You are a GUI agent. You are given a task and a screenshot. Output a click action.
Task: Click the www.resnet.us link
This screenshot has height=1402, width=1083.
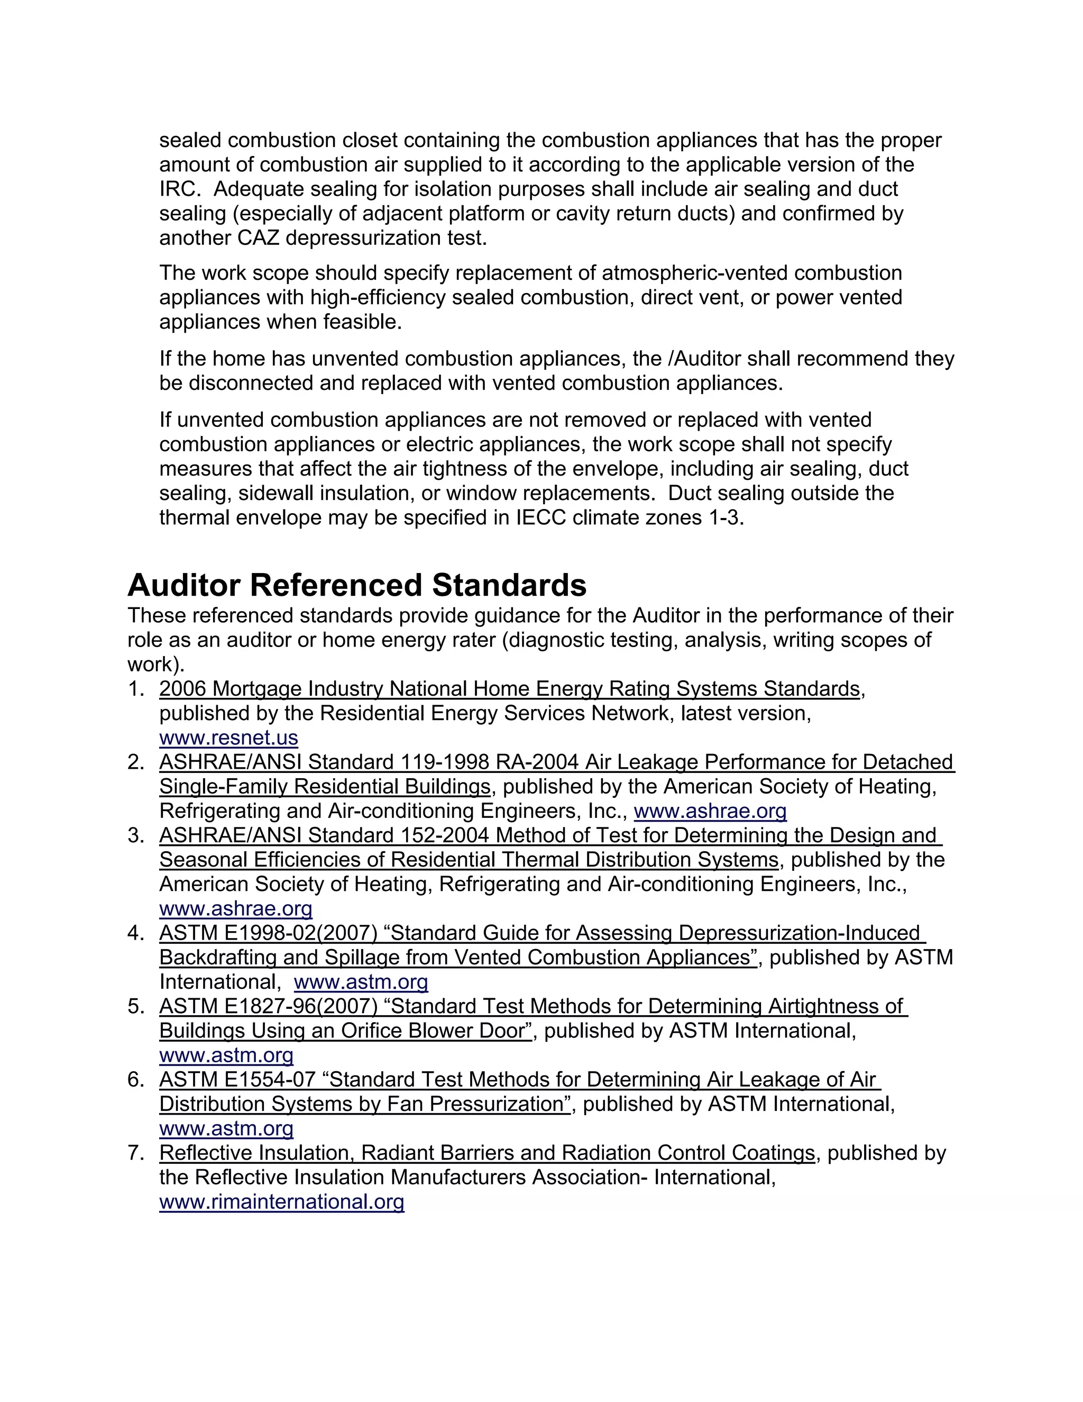228,738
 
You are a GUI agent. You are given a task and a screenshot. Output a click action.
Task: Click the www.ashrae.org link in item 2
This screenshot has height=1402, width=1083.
710,812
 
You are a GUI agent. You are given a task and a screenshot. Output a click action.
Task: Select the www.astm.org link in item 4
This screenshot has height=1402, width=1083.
361,982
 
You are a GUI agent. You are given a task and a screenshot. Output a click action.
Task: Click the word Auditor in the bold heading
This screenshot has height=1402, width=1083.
184,586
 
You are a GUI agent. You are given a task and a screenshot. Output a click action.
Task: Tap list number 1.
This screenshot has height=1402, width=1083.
135,689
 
